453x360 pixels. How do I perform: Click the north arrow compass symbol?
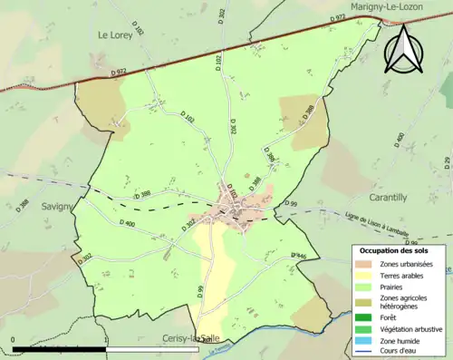[403, 50]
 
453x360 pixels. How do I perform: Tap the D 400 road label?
[128, 223]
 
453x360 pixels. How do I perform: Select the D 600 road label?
[400, 141]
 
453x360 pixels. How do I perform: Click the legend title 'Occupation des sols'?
[395, 249]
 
